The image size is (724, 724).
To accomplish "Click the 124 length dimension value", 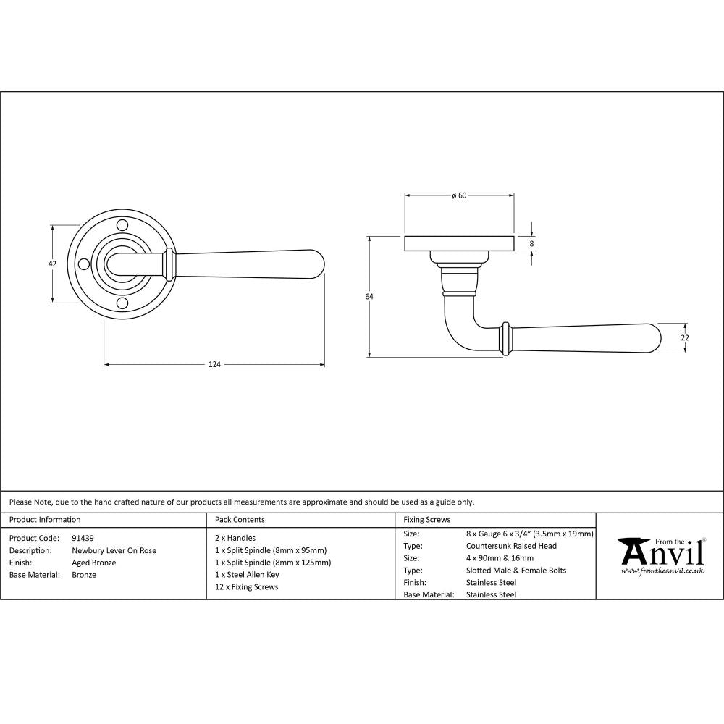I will (x=214, y=364).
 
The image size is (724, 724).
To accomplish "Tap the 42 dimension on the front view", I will (x=51, y=264).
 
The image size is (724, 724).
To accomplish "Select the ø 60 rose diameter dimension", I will (x=459, y=195).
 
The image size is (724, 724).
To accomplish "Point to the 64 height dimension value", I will (x=369, y=296).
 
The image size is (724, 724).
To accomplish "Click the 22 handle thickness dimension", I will (x=685, y=337).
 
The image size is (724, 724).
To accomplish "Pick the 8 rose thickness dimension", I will (x=532, y=244).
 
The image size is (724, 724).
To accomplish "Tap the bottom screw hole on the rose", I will (x=122, y=303).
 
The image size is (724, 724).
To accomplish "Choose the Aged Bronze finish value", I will (x=94, y=563).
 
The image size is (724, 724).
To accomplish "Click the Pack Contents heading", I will (x=240, y=520).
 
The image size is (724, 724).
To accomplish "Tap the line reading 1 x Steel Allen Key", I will (x=247, y=575).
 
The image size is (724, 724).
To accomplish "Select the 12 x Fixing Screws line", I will (x=246, y=587).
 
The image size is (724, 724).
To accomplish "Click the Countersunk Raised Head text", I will (x=511, y=546).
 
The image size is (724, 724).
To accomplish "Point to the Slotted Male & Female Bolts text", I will (x=516, y=571).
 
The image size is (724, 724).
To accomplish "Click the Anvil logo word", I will (x=662, y=554).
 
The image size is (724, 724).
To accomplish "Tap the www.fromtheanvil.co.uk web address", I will (x=662, y=571).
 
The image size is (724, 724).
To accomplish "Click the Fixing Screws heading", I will (x=426, y=520).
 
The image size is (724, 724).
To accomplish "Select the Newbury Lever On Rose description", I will (x=114, y=550).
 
